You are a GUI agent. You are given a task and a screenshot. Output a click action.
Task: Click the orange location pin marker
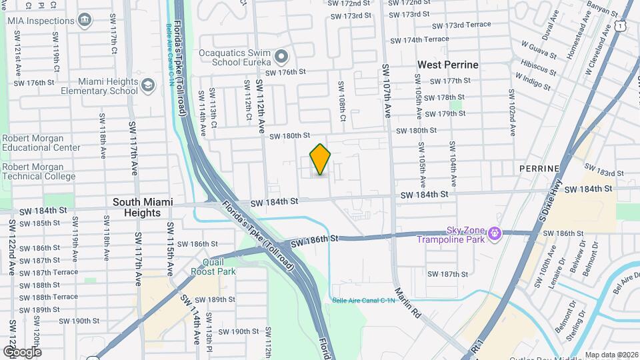click(x=320, y=159)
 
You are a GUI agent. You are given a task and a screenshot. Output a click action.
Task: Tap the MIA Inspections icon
click(x=85, y=21)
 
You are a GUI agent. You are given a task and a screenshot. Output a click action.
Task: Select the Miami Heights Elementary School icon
click(x=147, y=86)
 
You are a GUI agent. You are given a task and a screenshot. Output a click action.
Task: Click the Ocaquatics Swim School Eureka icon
click(x=281, y=56)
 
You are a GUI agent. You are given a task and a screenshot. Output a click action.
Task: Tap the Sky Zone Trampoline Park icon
click(x=494, y=233)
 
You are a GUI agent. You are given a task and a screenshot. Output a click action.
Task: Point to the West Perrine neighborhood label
click(x=447, y=65)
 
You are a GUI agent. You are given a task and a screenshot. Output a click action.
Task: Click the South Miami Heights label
click(x=143, y=207)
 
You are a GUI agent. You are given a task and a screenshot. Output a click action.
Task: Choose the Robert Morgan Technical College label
click(x=42, y=171)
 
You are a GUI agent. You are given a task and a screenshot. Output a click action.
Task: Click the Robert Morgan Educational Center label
click(x=41, y=143)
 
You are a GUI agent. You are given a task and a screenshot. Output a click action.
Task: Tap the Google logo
click(x=21, y=352)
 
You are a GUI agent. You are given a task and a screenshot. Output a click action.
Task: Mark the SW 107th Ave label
click(x=386, y=91)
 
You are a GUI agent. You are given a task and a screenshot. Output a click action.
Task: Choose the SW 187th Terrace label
click(x=49, y=273)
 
